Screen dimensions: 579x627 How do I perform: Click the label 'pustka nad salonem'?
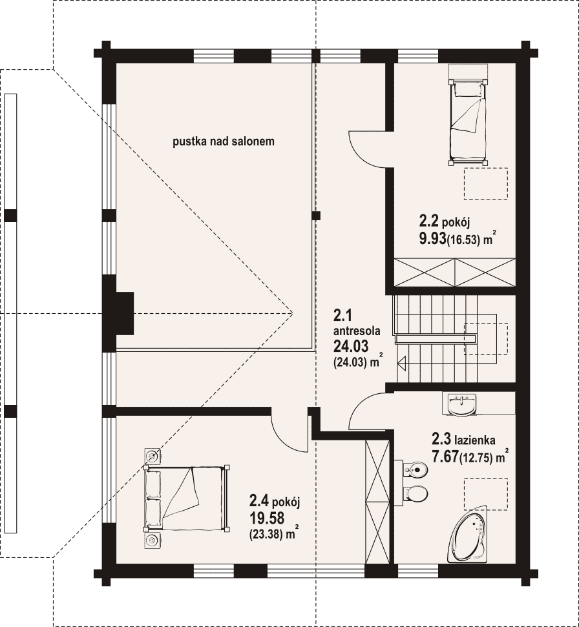point(224,141)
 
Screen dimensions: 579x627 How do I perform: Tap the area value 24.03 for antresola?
point(351,345)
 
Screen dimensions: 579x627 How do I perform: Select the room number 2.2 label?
point(428,220)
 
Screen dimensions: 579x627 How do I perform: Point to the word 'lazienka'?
point(474,440)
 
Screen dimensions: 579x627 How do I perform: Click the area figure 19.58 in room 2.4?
point(267,518)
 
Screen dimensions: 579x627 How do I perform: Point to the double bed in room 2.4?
point(187,498)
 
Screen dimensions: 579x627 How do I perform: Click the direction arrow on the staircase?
point(402,362)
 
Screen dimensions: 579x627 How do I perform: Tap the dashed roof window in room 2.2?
point(486,183)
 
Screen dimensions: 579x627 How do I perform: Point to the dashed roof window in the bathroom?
point(486,494)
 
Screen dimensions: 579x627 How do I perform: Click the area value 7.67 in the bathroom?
point(445,457)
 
